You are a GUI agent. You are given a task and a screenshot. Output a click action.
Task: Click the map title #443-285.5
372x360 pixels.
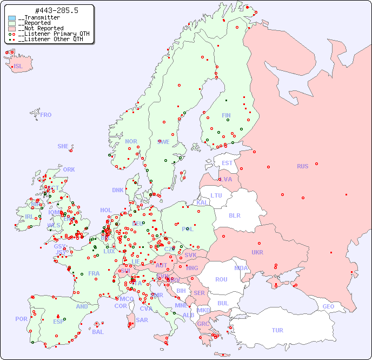click(49, 11)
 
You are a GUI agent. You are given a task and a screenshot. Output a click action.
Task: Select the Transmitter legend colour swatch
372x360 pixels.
click(12, 18)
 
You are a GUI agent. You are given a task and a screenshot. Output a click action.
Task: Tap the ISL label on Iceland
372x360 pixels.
click(18, 67)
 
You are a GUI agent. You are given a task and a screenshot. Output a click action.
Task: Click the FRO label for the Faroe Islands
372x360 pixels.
click(46, 115)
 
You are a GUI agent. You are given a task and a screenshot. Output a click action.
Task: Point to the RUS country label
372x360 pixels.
click(302, 166)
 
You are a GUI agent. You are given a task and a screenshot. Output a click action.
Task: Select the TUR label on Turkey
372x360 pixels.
click(277, 330)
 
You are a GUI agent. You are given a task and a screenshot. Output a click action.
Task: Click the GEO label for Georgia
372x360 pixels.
click(328, 306)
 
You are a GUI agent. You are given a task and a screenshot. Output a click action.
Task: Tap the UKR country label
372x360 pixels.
click(257, 252)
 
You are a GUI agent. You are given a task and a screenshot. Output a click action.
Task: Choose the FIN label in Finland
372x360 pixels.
click(226, 115)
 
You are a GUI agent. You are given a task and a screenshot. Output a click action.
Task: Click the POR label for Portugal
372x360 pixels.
click(21, 319)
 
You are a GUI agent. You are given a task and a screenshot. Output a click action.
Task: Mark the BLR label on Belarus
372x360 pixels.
click(234, 215)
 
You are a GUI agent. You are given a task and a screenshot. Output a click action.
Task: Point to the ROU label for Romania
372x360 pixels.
click(221, 279)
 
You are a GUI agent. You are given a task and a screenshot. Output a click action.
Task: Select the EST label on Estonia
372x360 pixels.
click(227, 163)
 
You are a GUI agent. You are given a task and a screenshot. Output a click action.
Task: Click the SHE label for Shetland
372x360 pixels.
click(63, 146)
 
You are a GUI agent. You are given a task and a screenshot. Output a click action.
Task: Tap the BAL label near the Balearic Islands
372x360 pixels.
click(98, 332)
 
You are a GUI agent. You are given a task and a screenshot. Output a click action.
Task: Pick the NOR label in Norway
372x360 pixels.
click(131, 141)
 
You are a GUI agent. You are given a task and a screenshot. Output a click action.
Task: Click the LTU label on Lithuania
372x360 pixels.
click(216, 195)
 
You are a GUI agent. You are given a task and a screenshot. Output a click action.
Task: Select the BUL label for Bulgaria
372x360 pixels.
click(223, 303)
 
